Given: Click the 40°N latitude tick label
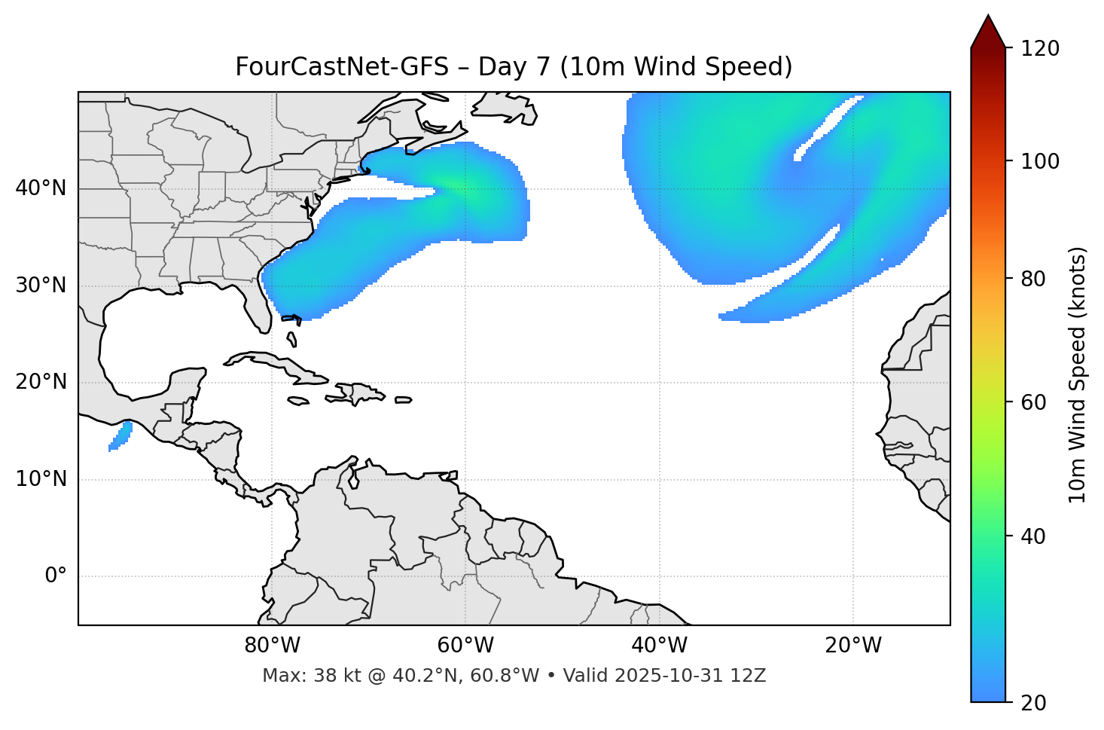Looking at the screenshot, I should click(41, 188).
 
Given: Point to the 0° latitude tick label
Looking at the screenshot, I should click(56, 576).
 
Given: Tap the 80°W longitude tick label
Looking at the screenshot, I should click(272, 646).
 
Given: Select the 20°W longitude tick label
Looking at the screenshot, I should click(853, 646).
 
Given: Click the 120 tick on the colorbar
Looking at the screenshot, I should click(1041, 49).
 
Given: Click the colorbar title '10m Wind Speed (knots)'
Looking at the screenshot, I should click(1078, 374).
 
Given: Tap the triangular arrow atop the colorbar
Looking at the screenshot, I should click(988, 32).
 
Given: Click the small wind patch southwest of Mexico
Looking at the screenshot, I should click(120, 436).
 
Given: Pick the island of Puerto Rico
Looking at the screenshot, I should click(404, 400).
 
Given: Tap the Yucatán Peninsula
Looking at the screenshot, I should click(185, 384).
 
